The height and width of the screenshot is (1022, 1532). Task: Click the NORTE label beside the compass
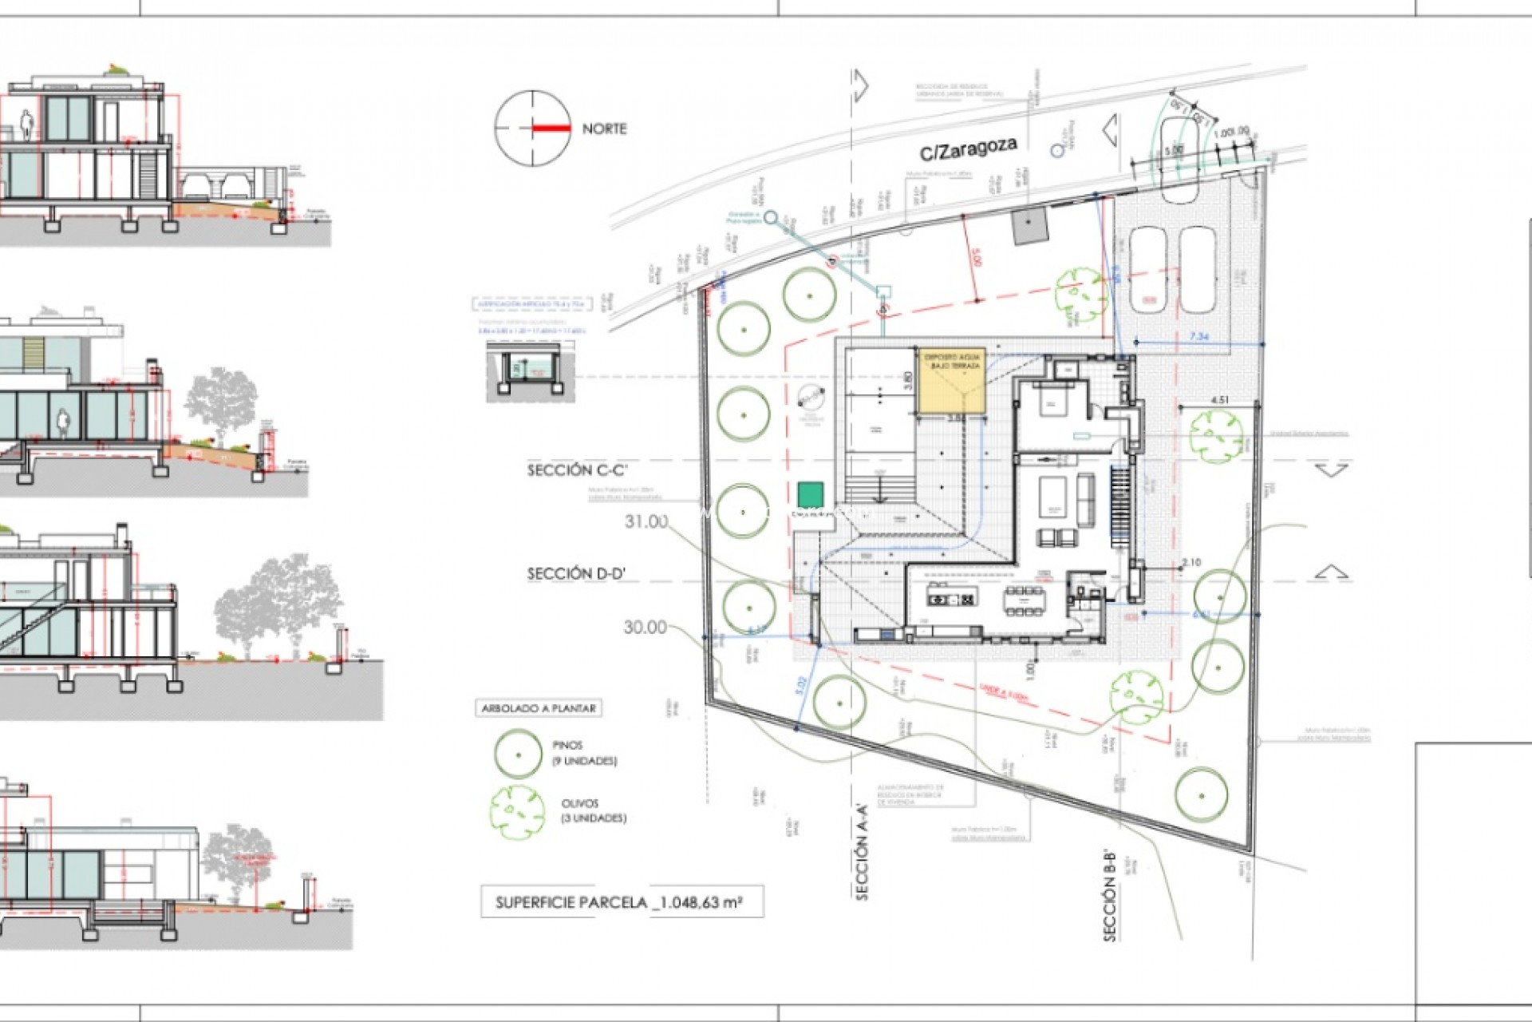pos(604,129)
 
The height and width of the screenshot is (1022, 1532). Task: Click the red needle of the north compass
pos(551,129)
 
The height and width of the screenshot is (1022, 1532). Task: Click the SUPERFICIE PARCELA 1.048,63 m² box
pos(621,903)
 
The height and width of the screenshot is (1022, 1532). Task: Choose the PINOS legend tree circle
pos(518,754)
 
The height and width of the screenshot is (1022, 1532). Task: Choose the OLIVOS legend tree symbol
pos(517,811)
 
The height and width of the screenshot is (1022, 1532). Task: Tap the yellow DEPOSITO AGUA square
pos(950,380)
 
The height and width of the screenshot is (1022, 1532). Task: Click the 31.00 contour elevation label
pos(646,521)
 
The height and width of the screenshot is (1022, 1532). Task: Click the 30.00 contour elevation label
pos(645,628)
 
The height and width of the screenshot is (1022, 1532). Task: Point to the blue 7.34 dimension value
pos(1198,337)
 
